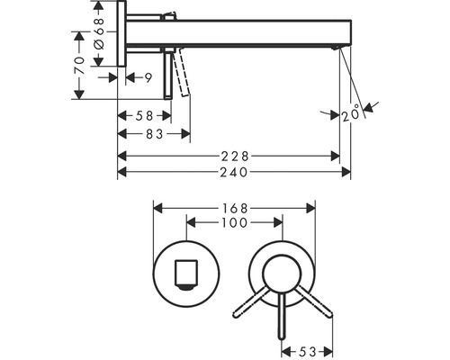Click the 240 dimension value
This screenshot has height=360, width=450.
pos(234,172)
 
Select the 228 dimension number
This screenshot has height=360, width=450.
pos(235,157)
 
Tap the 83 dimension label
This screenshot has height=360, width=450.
pos(155,134)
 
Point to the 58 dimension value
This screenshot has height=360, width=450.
pos(144,116)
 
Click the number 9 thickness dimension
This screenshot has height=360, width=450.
pos(148,78)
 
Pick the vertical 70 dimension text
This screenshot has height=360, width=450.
pos(79,65)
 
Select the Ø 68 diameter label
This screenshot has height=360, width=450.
pos(99,33)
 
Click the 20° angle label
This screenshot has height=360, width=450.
pos(351,112)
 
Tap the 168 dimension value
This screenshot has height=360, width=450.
pos(234,208)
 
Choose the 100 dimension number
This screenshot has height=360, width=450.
pos(234,222)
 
